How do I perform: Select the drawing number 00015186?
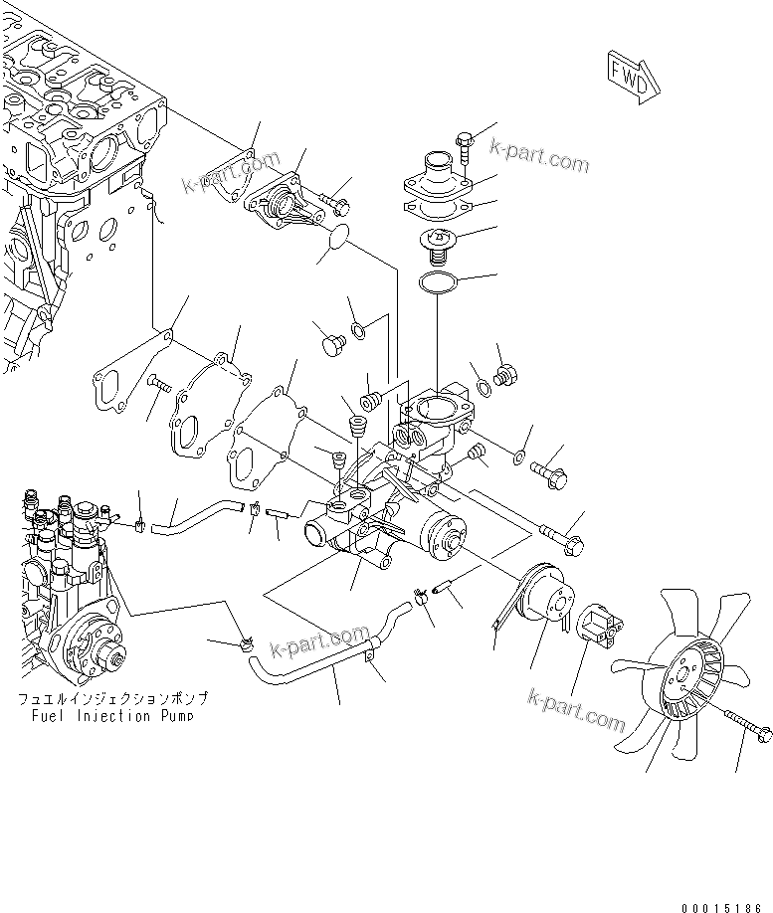click(724, 906)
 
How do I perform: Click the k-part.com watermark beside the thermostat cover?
click(539, 157)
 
